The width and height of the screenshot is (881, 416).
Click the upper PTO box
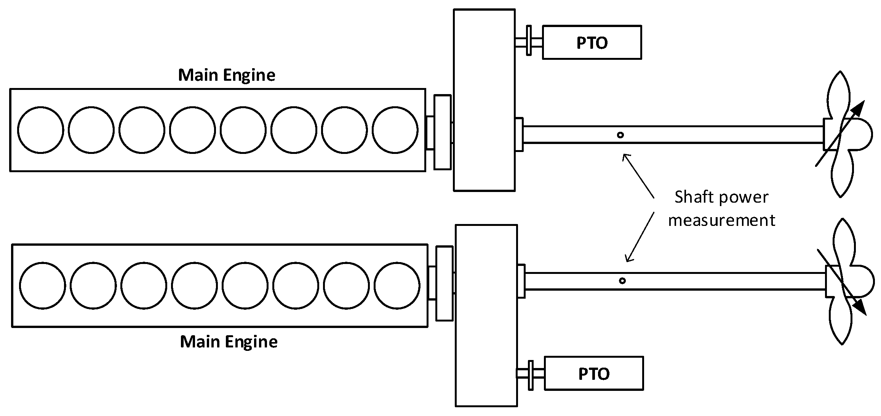tap(592, 42)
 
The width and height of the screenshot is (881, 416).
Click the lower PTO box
tap(593, 373)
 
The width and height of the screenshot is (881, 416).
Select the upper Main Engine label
tap(227, 75)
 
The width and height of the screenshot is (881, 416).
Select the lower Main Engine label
tap(229, 341)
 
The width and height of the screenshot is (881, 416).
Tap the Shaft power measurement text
tap(721, 209)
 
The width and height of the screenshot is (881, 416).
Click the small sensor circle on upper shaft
tap(620, 135)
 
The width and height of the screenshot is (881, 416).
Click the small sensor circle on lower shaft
tap(622, 281)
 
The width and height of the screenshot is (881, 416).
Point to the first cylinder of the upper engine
tap(40, 130)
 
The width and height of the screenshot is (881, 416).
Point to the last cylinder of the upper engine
tap(395, 130)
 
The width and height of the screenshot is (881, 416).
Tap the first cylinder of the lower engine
tap(42, 285)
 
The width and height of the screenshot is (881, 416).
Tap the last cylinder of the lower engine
tap(397, 285)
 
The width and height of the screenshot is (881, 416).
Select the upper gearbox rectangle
tap(484, 100)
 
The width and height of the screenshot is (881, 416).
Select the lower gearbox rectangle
tap(486, 315)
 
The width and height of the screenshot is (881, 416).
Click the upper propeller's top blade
tap(840, 95)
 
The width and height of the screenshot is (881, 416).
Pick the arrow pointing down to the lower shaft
tap(640, 237)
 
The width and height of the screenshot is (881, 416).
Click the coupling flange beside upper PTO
tap(528, 41)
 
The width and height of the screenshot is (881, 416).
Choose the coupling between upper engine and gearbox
tap(442, 132)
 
